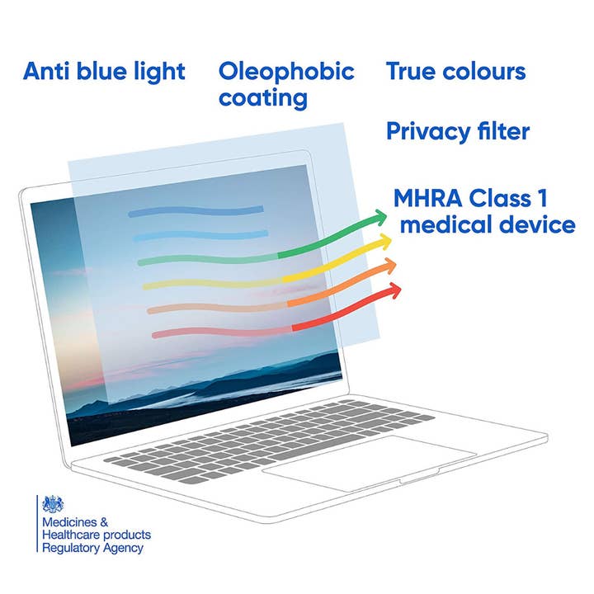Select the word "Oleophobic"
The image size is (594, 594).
coord(286,71)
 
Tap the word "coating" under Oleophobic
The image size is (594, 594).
coord(262,98)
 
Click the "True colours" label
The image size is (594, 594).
coord(455,71)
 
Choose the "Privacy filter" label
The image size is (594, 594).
coord(458,130)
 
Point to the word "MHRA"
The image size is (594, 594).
coord(427,198)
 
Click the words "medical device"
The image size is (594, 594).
coord(487,224)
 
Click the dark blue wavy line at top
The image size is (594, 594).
coord(196,211)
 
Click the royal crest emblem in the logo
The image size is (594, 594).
coord(53,506)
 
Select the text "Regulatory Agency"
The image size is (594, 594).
coord(92,548)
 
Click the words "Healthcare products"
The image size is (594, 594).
coord(97,535)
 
